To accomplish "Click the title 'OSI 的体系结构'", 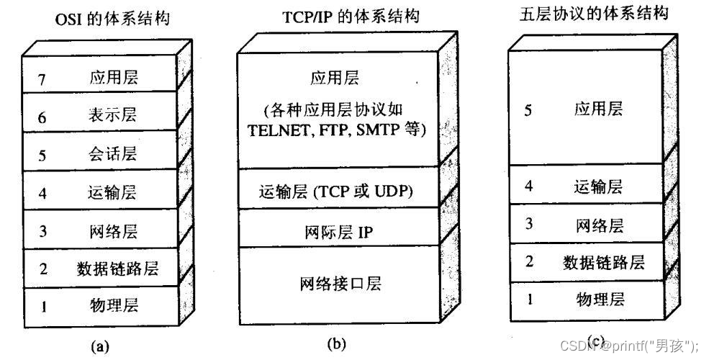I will click(x=112, y=19).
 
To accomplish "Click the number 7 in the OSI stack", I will click(x=42, y=78).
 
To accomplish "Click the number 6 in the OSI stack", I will click(x=42, y=117).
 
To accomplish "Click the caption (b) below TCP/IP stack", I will click(x=337, y=343).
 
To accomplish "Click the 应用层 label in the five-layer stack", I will click(x=599, y=109).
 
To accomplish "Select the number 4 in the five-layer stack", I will click(x=529, y=186).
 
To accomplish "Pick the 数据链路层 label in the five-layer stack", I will click(x=602, y=262).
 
